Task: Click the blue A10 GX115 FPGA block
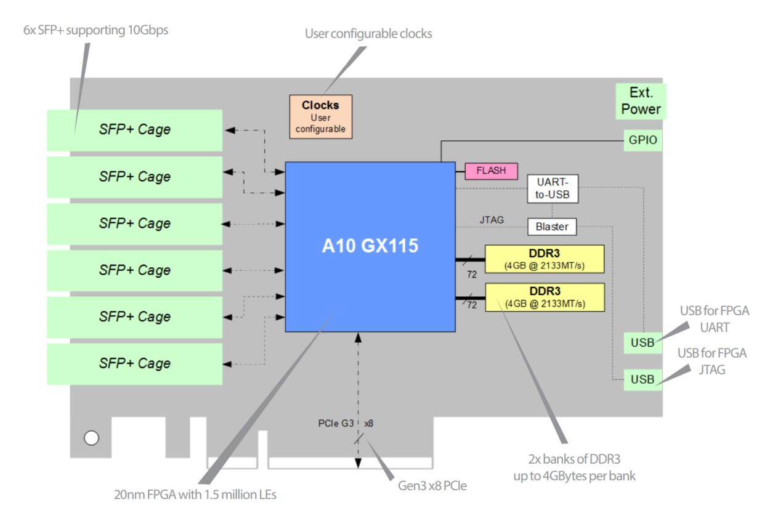click(x=370, y=246)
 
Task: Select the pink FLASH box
click(x=491, y=171)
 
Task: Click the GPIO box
click(x=643, y=140)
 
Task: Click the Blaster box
click(x=551, y=227)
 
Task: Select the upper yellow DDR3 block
click(x=545, y=259)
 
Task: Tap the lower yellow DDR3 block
click(x=545, y=297)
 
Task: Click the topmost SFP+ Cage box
click(x=134, y=130)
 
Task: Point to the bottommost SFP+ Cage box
click(x=134, y=363)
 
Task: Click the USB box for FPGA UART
click(x=642, y=343)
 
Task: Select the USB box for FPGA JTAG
click(x=642, y=379)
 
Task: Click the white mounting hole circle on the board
click(x=91, y=438)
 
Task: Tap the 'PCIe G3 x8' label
click(x=346, y=424)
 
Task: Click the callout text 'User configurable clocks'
click(x=368, y=34)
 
